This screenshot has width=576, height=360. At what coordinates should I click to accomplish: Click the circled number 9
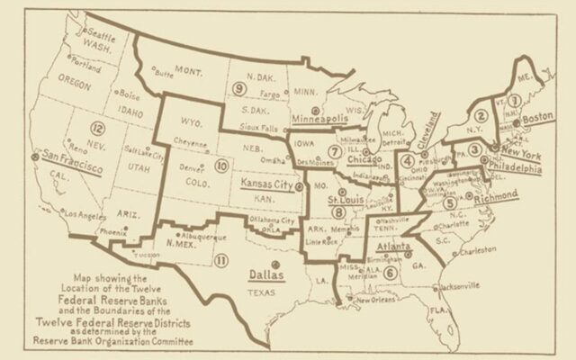239,87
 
